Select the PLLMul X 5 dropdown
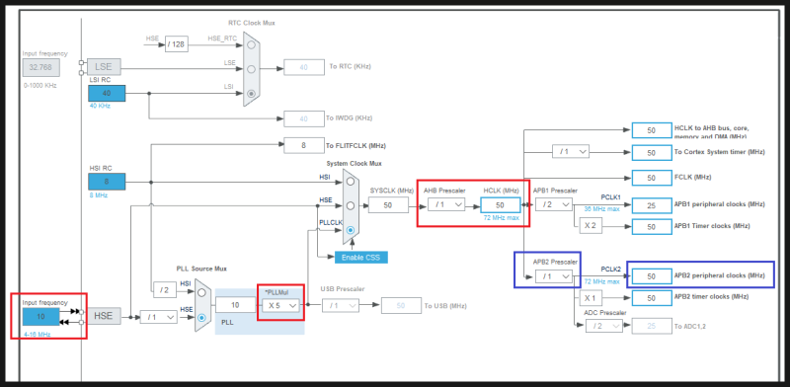coord(280,305)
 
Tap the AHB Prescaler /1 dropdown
coord(444,204)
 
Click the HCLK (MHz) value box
coord(500,204)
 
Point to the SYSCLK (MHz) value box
coord(387,204)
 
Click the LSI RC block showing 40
coord(107,93)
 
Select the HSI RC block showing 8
coord(107,181)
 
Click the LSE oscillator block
coord(104,66)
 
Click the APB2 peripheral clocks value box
coord(652,276)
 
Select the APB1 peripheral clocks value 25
coord(651,204)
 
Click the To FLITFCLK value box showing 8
coord(304,145)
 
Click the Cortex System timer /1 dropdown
coord(571,152)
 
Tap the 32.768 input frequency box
coord(39,67)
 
